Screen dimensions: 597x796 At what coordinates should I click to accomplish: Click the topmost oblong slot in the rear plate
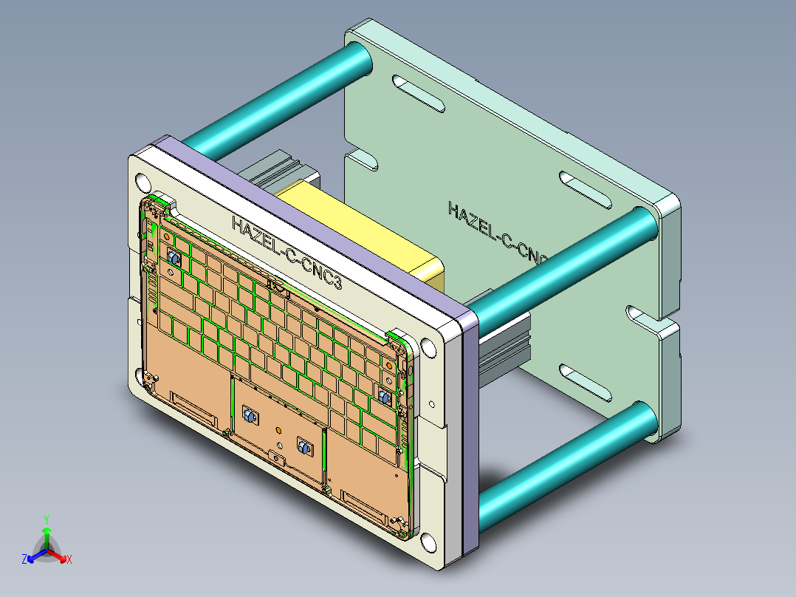(418, 93)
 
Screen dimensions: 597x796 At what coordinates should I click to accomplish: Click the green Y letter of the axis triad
(46, 519)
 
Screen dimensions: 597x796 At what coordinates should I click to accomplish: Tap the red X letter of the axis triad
(69, 559)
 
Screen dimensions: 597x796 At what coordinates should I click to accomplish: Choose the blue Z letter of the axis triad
(24, 560)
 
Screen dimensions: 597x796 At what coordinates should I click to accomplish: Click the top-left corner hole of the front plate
(143, 182)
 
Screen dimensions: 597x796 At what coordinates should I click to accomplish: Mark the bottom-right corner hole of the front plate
(429, 544)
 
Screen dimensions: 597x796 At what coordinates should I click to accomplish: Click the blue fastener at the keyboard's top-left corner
(174, 259)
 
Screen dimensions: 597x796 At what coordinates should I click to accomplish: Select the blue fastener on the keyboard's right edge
(384, 397)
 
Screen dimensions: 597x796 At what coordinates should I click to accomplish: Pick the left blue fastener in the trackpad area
(247, 417)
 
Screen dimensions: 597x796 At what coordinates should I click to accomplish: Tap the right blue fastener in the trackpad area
(302, 445)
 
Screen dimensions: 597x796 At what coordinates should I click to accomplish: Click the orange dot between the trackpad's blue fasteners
(278, 429)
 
